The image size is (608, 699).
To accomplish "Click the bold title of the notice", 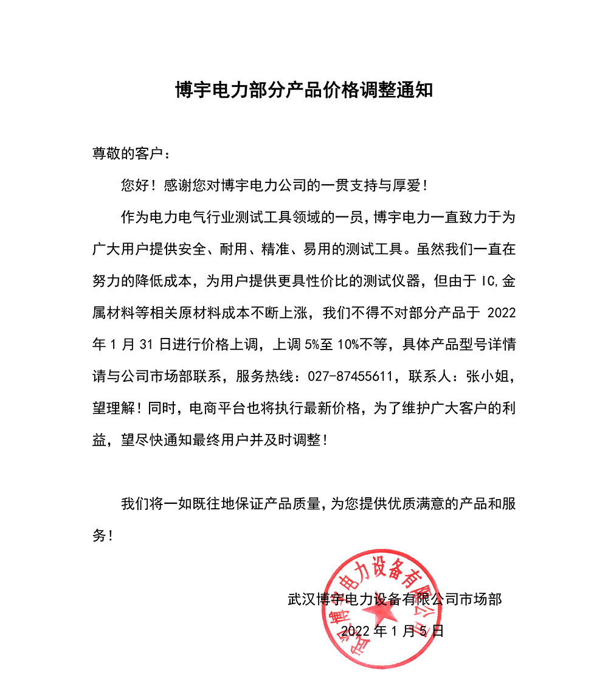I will pyautogui.click(x=304, y=91).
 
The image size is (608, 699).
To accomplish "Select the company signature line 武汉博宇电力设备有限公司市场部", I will pyautogui.click(x=395, y=599).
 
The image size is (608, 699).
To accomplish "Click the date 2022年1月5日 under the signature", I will pyautogui.click(x=392, y=631).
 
